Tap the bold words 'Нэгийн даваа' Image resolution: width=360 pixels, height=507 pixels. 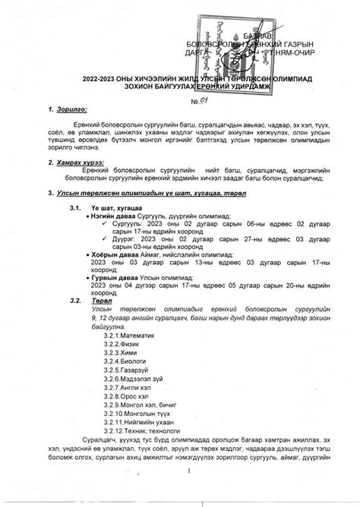tap(117, 216)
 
